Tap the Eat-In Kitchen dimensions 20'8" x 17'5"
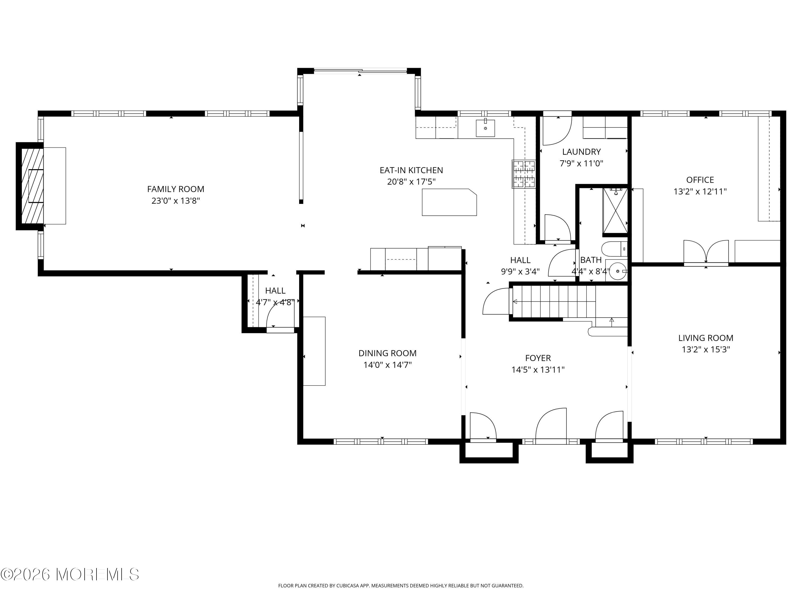coord(411,182)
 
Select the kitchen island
coord(449,202)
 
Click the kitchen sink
coord(485,128)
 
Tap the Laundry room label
coord(581,152)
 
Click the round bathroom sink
coord(618,271)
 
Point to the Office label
coord(700,180)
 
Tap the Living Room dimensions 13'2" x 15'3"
coord(705,349)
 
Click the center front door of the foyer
coord(551,425)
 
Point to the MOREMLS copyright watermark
coord(70,574)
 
